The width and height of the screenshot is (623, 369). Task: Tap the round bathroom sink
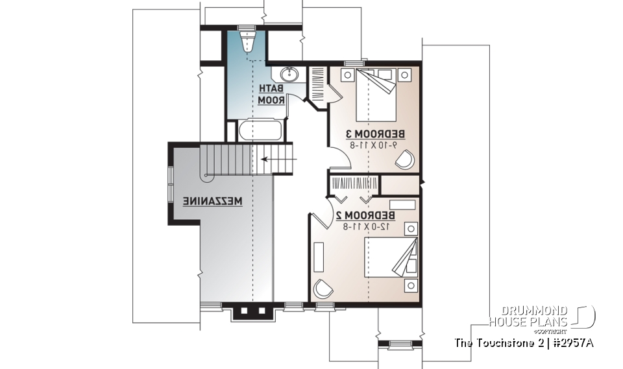pyautogui.click(x=289, y=75)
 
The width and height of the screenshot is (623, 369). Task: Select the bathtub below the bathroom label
pyautogui.click(x=260, y=132)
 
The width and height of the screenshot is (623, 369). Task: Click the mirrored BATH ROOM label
pyautogui.click(x=271, y=95)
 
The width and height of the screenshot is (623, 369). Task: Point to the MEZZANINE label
pyautogui.click(x=212, y=202)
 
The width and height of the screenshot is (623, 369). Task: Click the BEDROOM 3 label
pyautogui.click(x=375, y=134)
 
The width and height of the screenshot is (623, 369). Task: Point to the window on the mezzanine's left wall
pyautogui.click(x=171, y=185)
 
